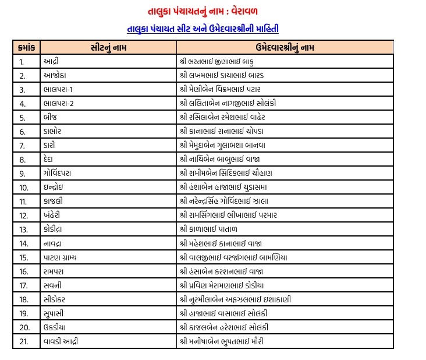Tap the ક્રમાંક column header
(27, 47)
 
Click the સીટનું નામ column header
(109, 47)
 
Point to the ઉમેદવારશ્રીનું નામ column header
(285, 47)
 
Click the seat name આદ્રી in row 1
(50, 61)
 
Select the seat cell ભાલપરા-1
(58, 89)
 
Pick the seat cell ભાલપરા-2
(59, 103)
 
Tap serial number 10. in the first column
(24, 187)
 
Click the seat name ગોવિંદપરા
(57, 173)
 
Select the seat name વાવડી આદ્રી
(61, 341)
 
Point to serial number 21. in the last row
(24, 341)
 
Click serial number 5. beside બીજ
(22, 117)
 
